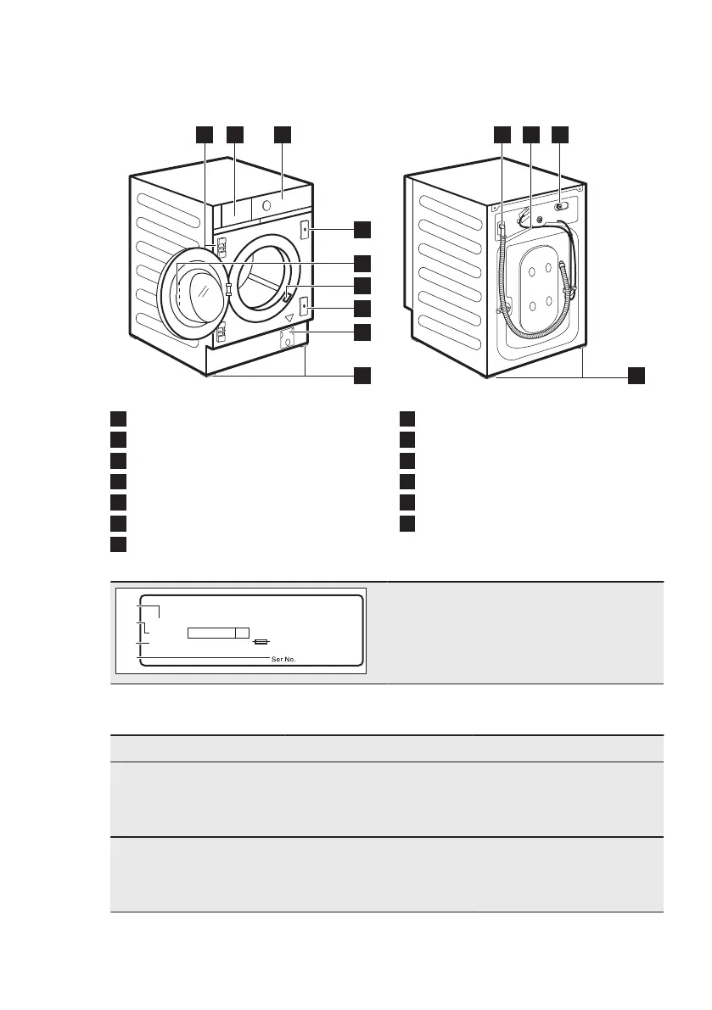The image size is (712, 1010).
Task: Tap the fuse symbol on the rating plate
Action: click(261, 644)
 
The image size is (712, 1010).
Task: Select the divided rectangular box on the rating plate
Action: click(218, 633)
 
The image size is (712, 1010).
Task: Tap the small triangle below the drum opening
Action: click(289, 319)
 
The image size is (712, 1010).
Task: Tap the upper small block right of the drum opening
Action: click(304, 230)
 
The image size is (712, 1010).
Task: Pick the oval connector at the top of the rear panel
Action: click(561, 205)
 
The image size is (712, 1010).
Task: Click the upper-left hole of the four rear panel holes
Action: click(532, 272)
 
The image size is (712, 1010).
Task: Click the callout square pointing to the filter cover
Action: click(362, 332)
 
